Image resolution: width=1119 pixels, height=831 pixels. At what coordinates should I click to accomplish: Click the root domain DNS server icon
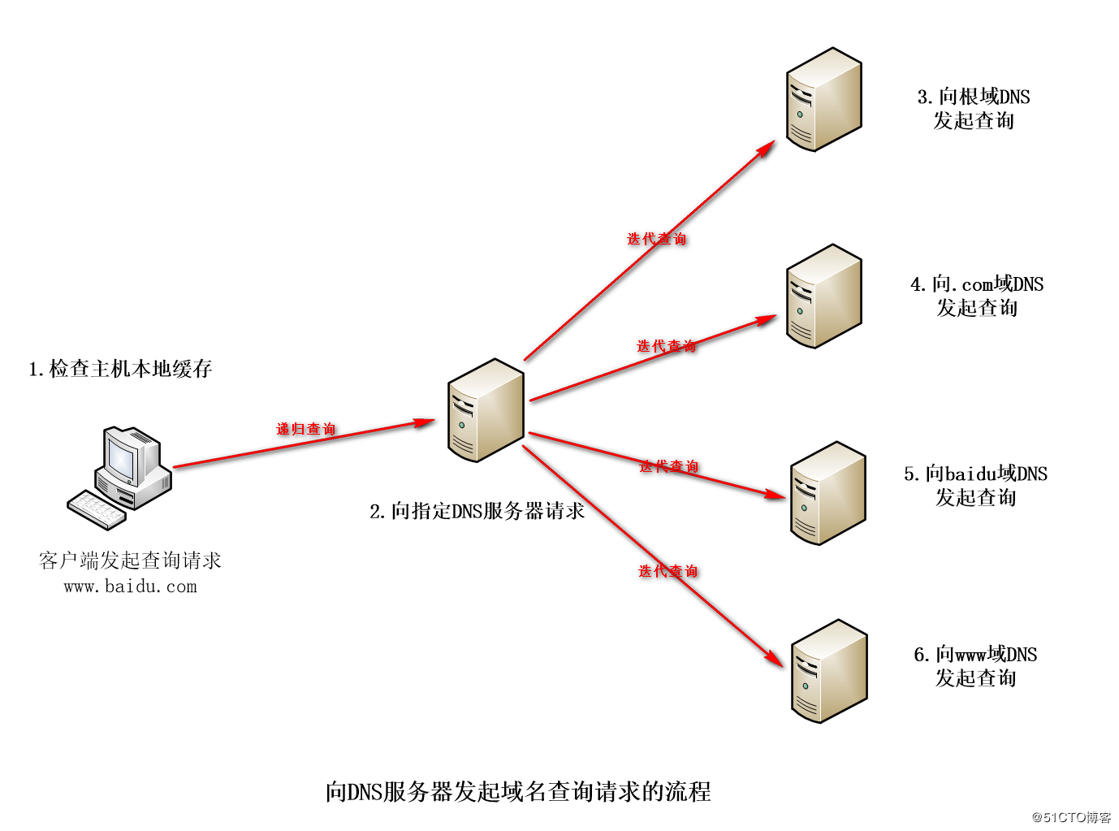coord(823,99)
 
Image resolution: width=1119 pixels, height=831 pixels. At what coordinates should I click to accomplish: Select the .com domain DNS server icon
coord(823,296)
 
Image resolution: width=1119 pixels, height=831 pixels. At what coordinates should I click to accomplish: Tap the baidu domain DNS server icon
coord(827,493)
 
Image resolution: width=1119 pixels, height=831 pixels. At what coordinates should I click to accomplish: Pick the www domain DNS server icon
coord(828,671)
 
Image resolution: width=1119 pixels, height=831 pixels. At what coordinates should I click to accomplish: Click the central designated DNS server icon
coord(486,410)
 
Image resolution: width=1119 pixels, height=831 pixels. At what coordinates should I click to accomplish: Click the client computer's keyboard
coord(97,509)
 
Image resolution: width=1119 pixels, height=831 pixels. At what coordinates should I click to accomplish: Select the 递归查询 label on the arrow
coord(305,429)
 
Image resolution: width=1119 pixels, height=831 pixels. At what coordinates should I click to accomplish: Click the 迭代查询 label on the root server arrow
coord(656,239)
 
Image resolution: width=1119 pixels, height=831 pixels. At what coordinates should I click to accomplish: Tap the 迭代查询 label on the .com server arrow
coord(666,346)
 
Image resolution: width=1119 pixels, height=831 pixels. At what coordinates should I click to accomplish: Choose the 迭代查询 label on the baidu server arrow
coord(668,466)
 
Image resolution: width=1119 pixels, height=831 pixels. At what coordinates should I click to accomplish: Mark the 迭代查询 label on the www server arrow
coord(668,571)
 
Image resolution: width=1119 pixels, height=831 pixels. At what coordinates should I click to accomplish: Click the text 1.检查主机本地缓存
coord(120,369)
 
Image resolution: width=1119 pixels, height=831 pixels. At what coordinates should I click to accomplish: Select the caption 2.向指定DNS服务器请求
coord(477,511)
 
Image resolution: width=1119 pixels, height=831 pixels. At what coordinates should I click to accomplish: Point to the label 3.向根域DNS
coord(973,97)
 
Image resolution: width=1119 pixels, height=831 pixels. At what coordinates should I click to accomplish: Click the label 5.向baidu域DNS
coord(975,474)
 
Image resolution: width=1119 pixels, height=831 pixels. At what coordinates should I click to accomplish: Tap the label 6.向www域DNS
coord(975,655)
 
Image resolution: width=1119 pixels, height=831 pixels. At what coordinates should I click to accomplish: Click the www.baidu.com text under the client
coord(130,586)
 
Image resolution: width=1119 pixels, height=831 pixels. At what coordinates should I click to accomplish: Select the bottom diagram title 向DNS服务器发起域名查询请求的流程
coord(518,791)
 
